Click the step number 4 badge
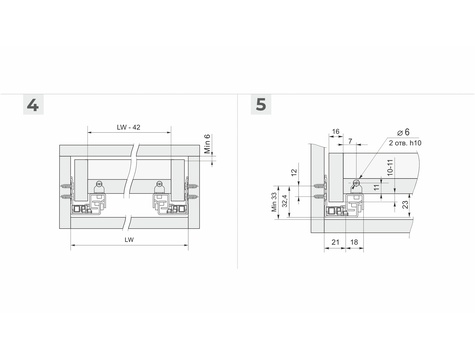coord(33,105)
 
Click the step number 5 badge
coord(261,105)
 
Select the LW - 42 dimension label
coord(128,127)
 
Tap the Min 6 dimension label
coord(207,144)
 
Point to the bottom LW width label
coord(129,240)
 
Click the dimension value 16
coord(336,132)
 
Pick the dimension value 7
coord(350,141)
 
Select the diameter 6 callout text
coord(403,132)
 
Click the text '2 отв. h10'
coord(405,143)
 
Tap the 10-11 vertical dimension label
coord(390,168)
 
